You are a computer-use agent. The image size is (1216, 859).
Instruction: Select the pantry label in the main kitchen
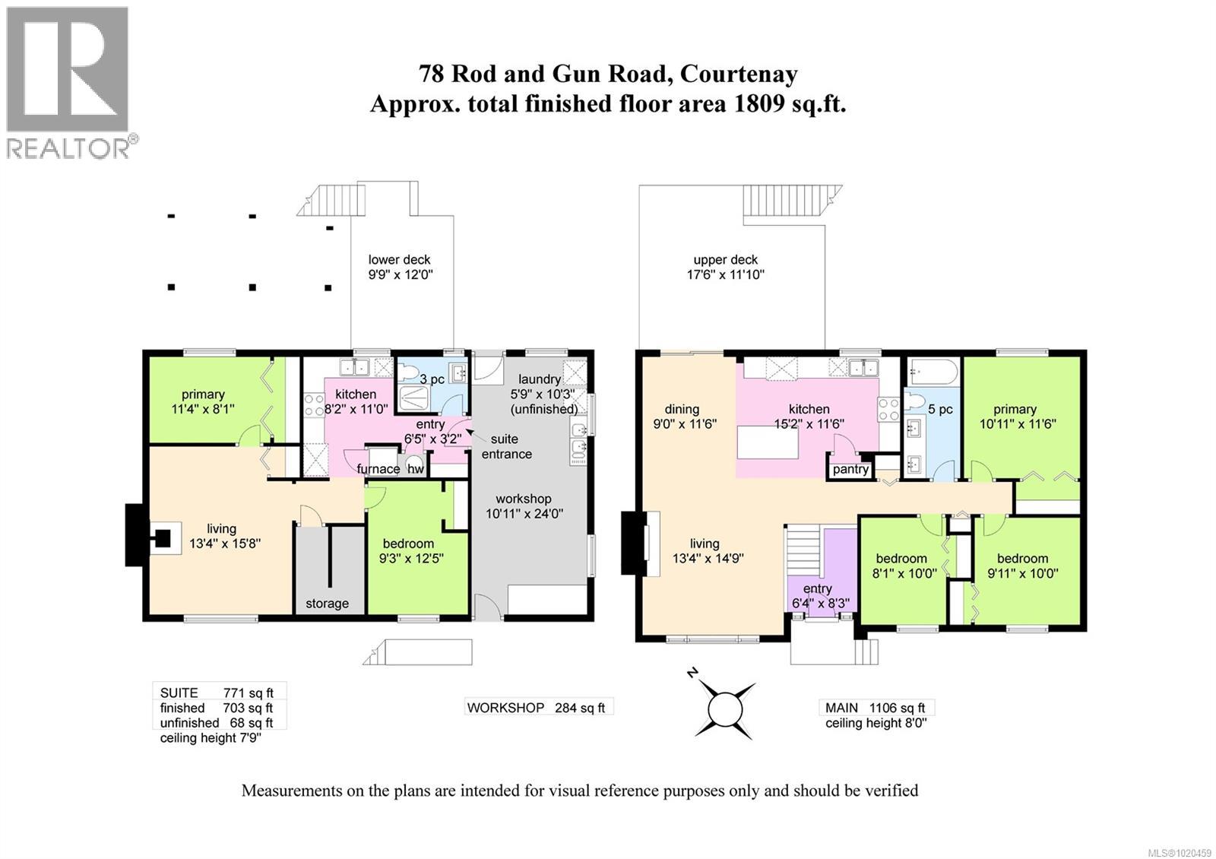click(x=850, y=469)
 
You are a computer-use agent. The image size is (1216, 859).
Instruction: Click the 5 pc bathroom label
click(x=939, y=409)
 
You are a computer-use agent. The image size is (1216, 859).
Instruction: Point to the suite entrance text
click(x=505, y=446)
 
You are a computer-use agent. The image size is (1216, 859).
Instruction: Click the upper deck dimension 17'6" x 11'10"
click(x=724, y=274)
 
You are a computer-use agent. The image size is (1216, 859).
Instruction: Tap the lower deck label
click(x=399, y=260)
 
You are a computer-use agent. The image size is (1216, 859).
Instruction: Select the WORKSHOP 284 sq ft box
click(x=537, y=707)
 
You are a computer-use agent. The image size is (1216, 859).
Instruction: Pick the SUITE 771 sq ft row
click(x=217, y=693)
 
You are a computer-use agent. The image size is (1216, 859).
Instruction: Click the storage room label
click(x=327, y=603)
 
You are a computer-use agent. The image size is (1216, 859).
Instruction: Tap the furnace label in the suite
click(x=378, y=468)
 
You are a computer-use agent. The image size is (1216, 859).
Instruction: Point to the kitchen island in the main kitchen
click(x=767, y=443)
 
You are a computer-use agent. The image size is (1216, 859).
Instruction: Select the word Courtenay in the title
click(x=739, y=74)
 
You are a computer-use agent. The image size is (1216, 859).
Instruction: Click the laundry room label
click(x=539, y=379)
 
